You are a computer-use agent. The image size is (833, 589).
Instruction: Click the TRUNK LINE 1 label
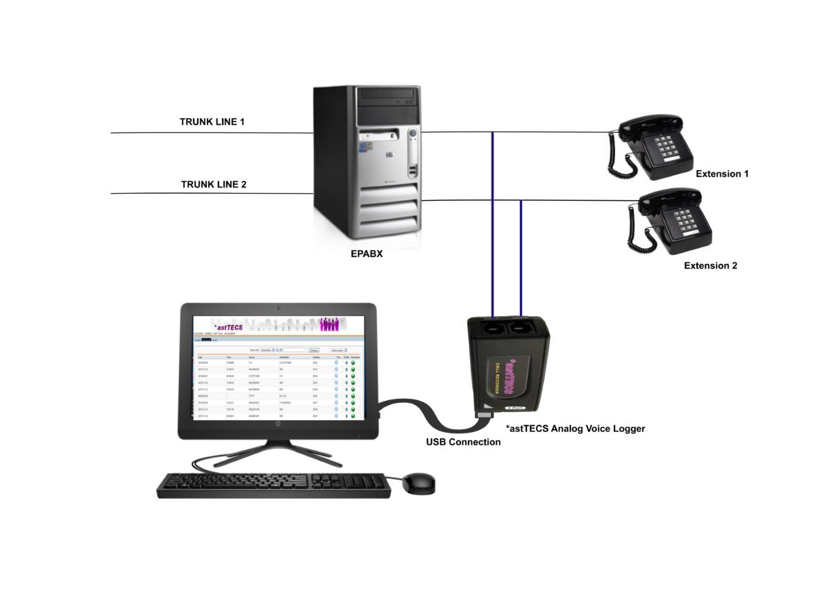(x=212, y=122)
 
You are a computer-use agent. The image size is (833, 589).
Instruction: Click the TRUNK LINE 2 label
(x=214, y=185)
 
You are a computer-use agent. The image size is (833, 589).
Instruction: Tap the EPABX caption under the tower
(x=367, y=255)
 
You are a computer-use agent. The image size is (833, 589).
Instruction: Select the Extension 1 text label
(x=722, y=174)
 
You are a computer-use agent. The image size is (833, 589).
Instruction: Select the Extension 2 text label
(x=710, y=265)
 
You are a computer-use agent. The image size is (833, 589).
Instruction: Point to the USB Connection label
(x=463, y=442)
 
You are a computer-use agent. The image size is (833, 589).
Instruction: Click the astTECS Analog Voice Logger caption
(x=575, y=429)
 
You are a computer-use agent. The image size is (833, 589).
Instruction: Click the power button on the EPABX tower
(x=412, y=133)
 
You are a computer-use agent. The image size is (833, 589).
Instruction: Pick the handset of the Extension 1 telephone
(x=649, y=124)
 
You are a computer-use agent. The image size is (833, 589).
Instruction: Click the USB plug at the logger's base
(x=484, y=415)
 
